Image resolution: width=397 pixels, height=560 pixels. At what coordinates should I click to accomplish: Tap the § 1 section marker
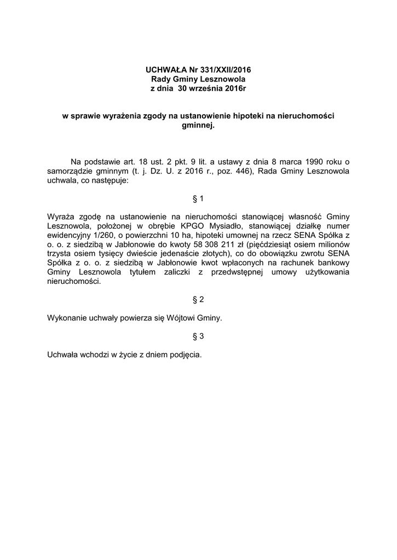[198, 198]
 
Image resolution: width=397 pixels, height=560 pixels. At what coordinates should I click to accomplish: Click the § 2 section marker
[198, 300]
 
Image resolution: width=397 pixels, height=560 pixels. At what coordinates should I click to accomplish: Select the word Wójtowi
[172, 317]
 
